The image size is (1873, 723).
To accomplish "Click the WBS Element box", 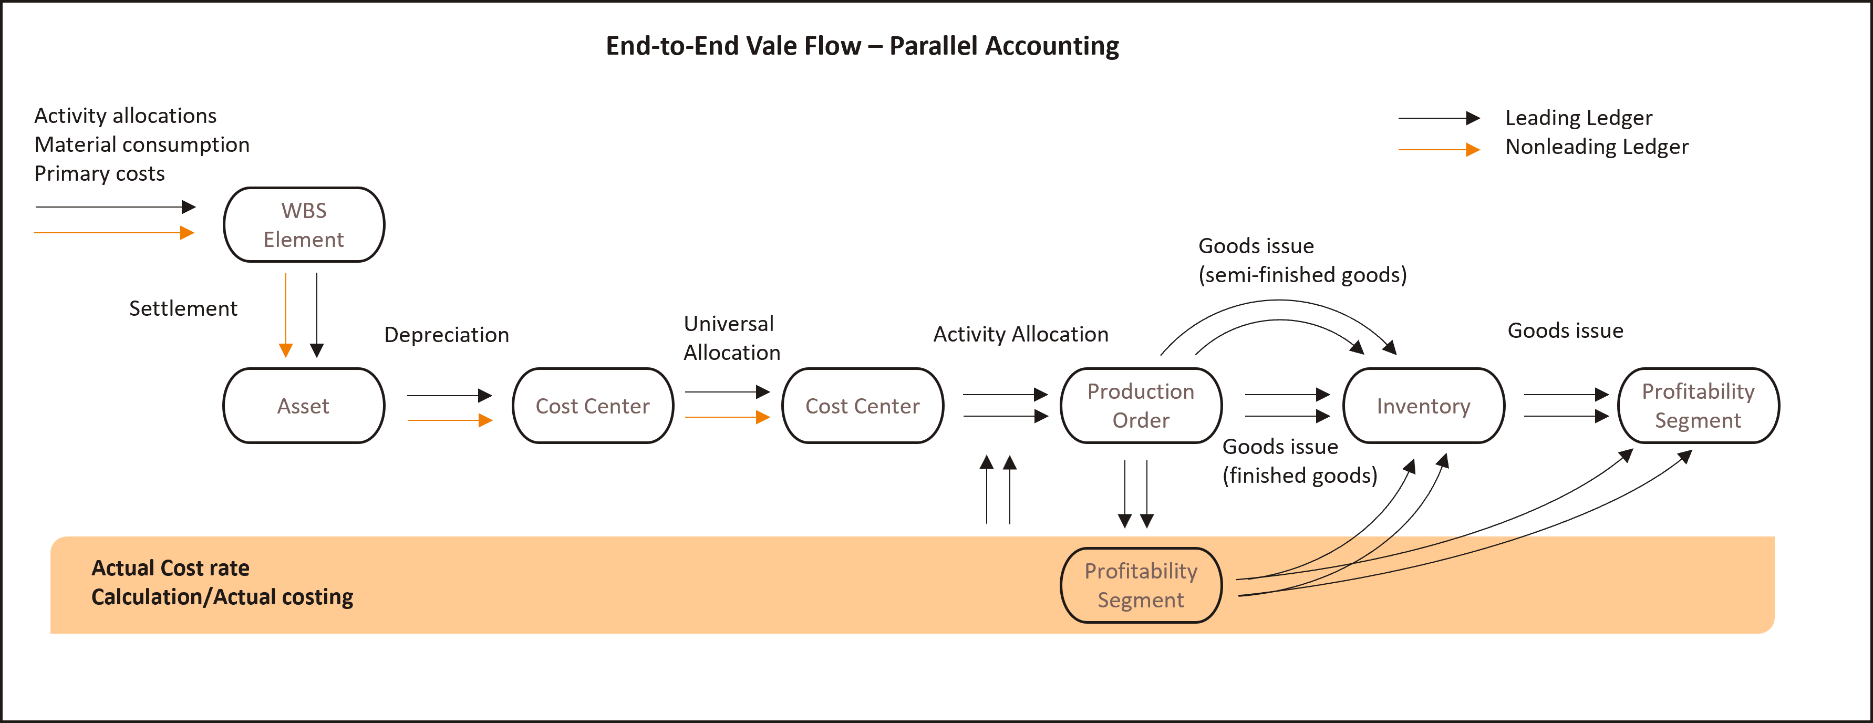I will tap(303, 225).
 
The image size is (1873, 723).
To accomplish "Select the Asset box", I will tap(303, 406).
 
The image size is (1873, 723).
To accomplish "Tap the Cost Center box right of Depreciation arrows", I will tap(593, 406).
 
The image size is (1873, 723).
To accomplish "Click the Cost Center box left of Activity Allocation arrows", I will tap(862, 406).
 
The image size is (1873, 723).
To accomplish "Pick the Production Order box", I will tap(1141, 406).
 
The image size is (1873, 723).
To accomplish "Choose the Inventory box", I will tap(1423, 406).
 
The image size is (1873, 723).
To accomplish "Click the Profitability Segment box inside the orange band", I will tap(1141, 585).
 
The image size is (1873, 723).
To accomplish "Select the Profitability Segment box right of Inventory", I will tap(1698, 406).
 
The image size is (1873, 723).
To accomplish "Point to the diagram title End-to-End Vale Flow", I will tap(862, 46).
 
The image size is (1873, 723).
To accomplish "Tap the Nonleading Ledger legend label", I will tap(1597, 147).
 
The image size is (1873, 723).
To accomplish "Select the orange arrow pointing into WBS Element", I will tap(114, 233).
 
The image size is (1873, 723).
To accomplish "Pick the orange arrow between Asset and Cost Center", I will tap(449, 420).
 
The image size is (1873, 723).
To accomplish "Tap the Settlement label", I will tap(183, 308).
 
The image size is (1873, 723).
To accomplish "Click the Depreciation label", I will tap(447, 335).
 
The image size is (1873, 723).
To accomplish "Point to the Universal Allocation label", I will tap(731, 338).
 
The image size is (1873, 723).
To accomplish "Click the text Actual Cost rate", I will tap(170, 568).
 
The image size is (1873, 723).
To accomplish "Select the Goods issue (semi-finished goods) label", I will tap(1301, 261).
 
